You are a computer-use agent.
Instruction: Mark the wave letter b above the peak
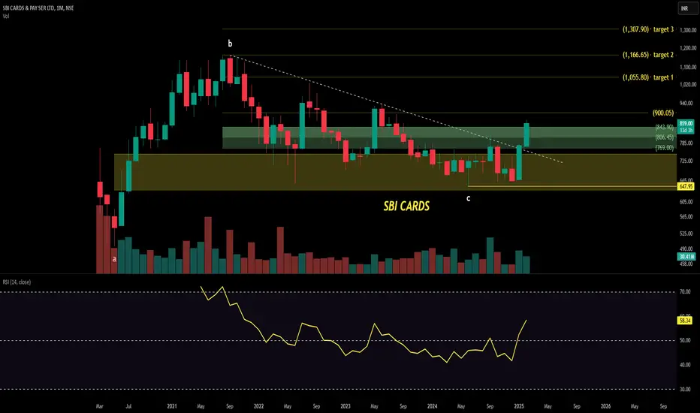(x=230, y=44)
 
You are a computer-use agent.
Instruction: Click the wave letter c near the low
(x=469, y=197)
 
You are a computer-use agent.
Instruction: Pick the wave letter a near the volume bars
(x=114, y=258)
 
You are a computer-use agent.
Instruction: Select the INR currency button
(x=685, y=8)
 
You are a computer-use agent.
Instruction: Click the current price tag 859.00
(x=685, y=122)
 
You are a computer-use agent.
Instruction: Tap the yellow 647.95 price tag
(x=685, y=186)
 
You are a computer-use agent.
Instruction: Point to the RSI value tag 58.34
(x=685, y=321)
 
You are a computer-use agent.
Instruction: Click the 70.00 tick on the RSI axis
(x=684, y=292)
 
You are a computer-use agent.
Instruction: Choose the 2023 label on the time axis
(x=345, y=405)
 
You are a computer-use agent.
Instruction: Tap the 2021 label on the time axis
(x=172, y=405)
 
